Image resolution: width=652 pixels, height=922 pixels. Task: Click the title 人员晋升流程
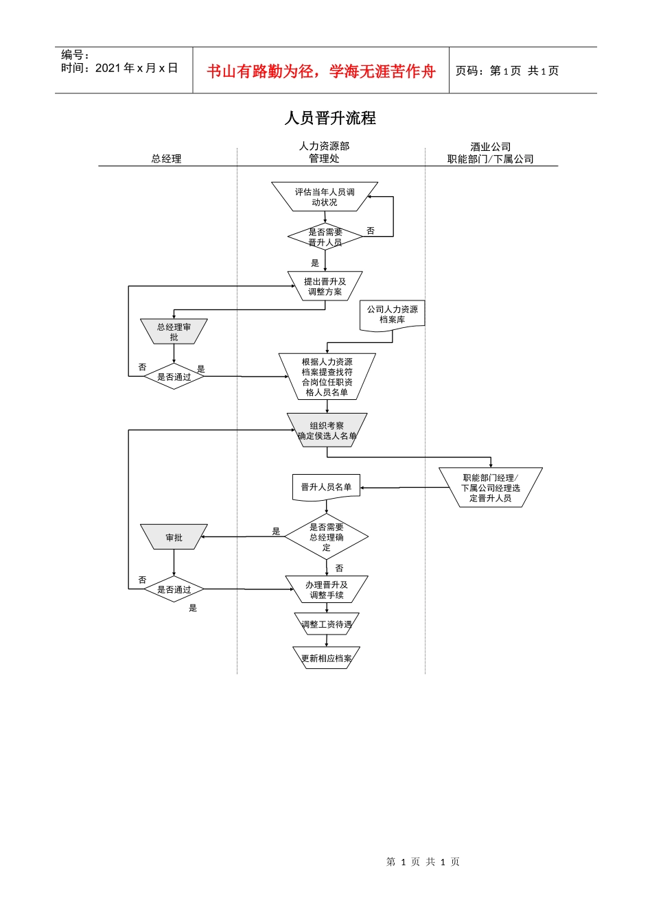tap(330, 118)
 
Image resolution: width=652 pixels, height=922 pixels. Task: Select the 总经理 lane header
tap(166, 158)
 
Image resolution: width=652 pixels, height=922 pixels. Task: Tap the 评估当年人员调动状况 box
tap(325, 197)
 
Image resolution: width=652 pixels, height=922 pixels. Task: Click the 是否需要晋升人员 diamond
tap(325, 237)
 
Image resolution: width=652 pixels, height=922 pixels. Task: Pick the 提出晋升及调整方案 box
tap(325, 286)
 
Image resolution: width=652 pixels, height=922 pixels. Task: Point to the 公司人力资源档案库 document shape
tap(392, 315)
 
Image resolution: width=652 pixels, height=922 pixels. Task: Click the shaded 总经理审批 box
tap(174, 332)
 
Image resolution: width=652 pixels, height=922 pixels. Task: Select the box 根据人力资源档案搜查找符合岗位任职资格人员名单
tap(327, 377)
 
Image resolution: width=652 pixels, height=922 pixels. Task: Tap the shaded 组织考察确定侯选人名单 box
tap(327, 430)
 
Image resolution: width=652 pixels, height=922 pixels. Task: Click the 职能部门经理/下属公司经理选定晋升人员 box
tap(490, 488)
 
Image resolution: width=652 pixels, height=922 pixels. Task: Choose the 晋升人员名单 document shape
tap(326, 487)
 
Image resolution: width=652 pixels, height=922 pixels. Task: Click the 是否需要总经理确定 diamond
tap(326, 537)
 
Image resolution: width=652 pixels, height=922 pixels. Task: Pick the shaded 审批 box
tap(174, 537)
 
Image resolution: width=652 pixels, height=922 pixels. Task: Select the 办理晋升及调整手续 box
tap(326, 589)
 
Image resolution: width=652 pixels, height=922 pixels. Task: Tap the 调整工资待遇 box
tap(326, 624)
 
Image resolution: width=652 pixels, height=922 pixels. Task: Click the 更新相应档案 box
tap(326, 658)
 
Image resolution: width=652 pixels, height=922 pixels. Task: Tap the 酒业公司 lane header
tap(490, 147)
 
